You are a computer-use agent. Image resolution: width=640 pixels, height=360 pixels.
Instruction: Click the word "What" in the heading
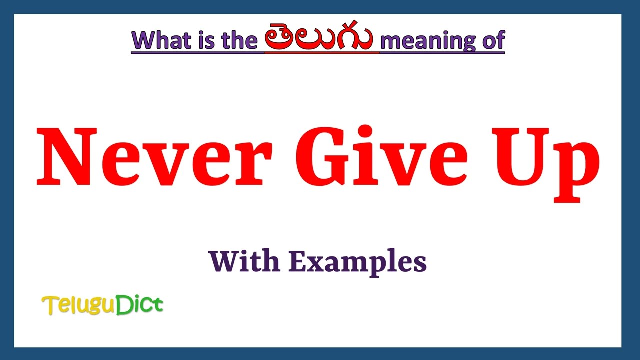point(159,40)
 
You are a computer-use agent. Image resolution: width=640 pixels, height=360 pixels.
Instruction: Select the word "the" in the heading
point(237,40)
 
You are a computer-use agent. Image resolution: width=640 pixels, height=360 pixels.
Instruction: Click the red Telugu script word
point(319,39)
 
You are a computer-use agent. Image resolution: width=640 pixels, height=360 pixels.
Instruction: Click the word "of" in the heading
point(493,40)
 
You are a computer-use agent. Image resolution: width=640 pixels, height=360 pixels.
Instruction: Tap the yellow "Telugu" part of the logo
point(78,305)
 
